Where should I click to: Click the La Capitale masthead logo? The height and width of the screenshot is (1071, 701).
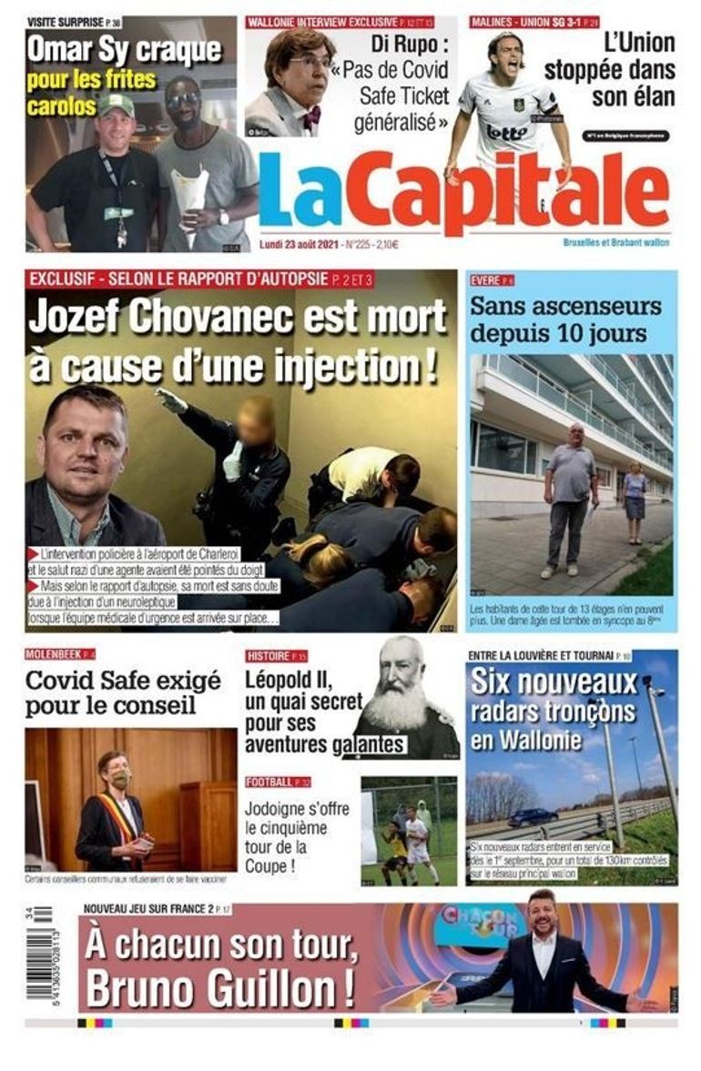pyautogui.click(x=463, y=192)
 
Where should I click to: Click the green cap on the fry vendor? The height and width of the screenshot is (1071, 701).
pyautogui.click(x=116, y=106)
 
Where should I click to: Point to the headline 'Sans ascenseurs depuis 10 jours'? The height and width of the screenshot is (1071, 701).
pyautogui.click(x=564, y=318)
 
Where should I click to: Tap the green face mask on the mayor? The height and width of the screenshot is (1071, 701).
pyautogui.click(x=120, y=779)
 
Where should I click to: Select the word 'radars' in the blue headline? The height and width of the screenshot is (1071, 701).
pyautogui.click(x=515, y=712)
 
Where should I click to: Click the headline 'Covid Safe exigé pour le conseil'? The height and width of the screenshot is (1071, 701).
pyautogui.click(x=123, y=692)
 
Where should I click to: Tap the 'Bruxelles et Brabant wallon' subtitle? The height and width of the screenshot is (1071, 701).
pyautogui.click(x=615, y=242)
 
